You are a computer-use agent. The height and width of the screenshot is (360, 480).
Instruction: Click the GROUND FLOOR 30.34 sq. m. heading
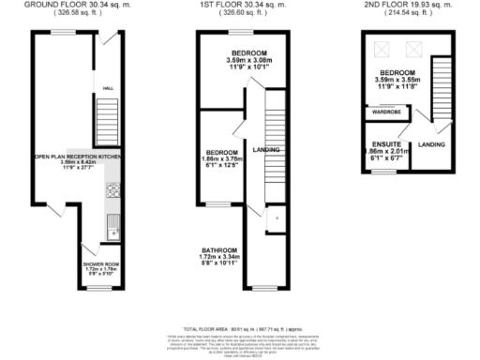pos(75,5)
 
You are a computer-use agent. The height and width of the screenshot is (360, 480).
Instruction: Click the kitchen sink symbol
pos(112,223)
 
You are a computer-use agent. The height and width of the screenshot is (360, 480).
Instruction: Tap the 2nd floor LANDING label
pos(431,143)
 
